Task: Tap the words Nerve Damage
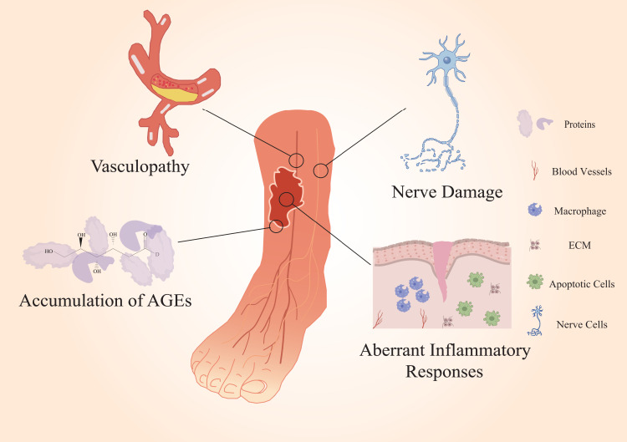pyautogui.click(x=447, y=192)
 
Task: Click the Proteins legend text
pyautogui.click(x=581, y=124)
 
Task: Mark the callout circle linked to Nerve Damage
pyautogui.click(x=320, y=170)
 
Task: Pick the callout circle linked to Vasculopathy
pyautogui.click(x=296, y=160)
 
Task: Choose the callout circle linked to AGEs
pyautogui.click(x=276, y=226)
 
